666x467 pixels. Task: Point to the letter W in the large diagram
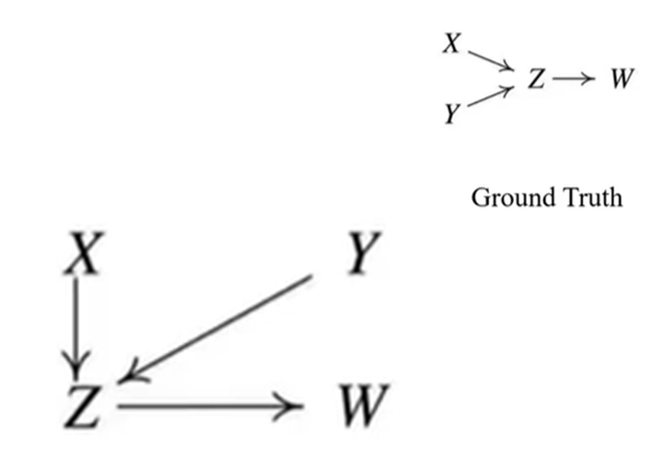[359, 404]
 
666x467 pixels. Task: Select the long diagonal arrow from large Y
[221, 326]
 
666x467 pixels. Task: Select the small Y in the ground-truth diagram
[452, 115]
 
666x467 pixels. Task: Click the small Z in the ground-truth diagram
[535, 80]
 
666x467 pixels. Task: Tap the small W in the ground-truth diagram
[620, 79]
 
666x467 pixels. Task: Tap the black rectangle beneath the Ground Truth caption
[552, 344]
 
